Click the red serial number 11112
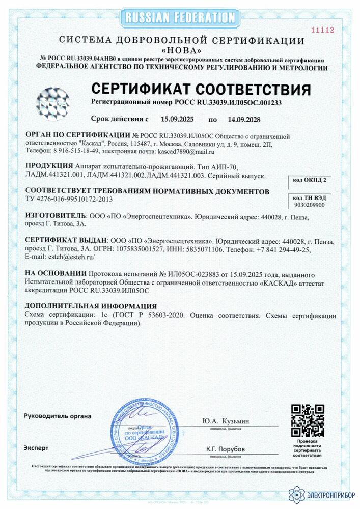coord(324,30)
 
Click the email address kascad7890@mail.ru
coord(182,152)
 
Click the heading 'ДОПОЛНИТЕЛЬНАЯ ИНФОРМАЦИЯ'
coord(91,306)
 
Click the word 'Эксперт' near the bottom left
coord(36,448)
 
